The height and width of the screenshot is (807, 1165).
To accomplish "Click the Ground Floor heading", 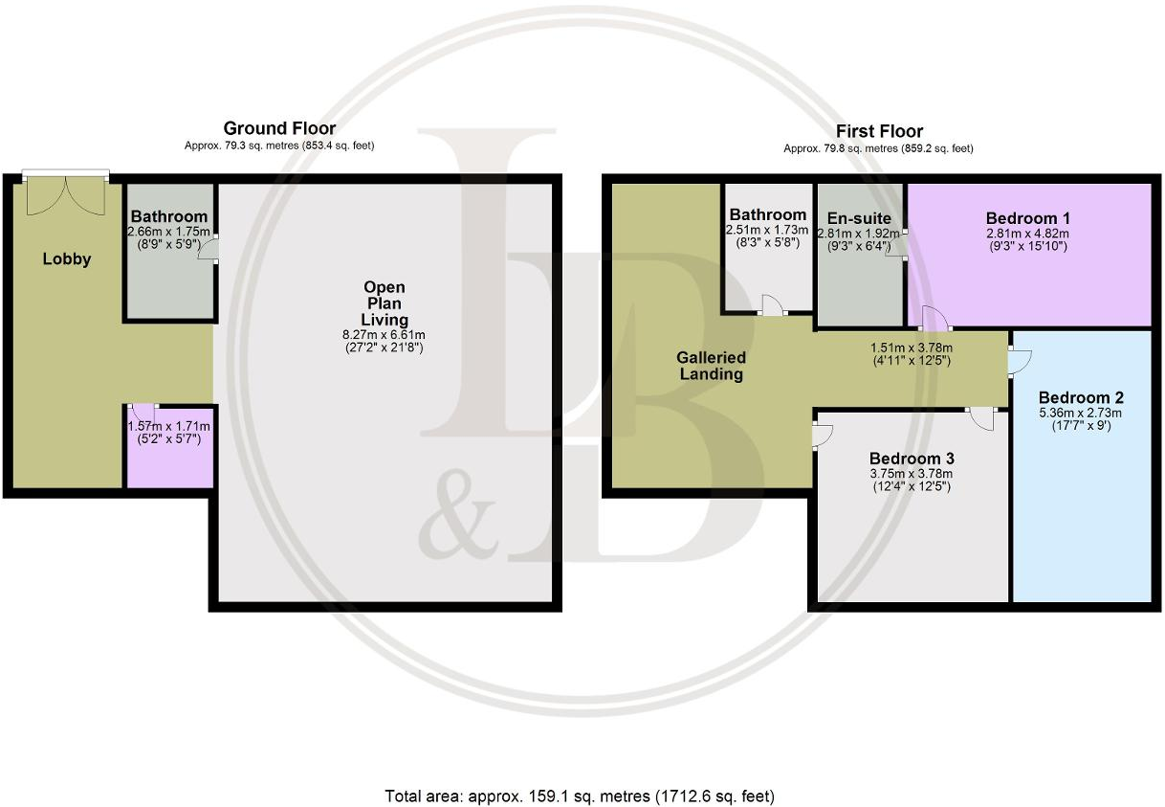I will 279,128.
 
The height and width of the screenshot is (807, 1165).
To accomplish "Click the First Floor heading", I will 879,131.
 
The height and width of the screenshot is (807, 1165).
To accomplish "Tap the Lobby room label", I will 67,258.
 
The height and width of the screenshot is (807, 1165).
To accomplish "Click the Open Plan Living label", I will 384,303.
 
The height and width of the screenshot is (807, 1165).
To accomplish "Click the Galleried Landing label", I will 711,366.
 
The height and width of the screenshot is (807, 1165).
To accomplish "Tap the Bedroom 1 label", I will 1028,216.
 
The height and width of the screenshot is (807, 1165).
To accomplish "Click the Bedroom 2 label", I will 1081,397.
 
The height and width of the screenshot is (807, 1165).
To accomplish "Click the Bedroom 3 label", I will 912,459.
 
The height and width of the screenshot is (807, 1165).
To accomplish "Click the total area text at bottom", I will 579,796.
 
